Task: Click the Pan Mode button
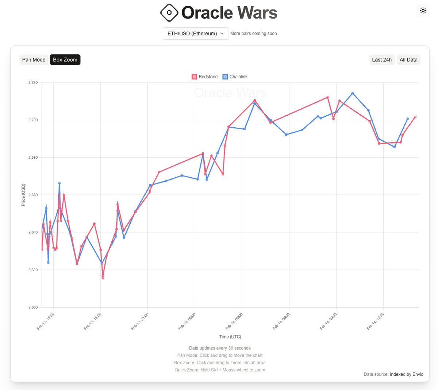point(34,60)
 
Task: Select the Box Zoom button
point(65,60)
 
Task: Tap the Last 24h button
point(382,60)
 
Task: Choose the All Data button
point(408,60)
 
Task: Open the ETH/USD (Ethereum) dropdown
point(196,34)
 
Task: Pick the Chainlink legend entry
point(235,77)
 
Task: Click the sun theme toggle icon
point(423,11)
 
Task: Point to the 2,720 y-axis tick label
point(33,82)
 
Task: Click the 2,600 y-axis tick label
point(33,307)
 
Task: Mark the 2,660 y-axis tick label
point(33,195)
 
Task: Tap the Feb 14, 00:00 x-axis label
point(187,321)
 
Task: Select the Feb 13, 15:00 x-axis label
point(46,321)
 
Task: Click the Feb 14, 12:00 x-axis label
point(376,321)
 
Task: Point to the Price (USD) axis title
point(23,195)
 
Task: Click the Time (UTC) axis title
point(230,337)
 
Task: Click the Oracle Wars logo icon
point(169,13)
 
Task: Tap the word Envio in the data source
point(418,374)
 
